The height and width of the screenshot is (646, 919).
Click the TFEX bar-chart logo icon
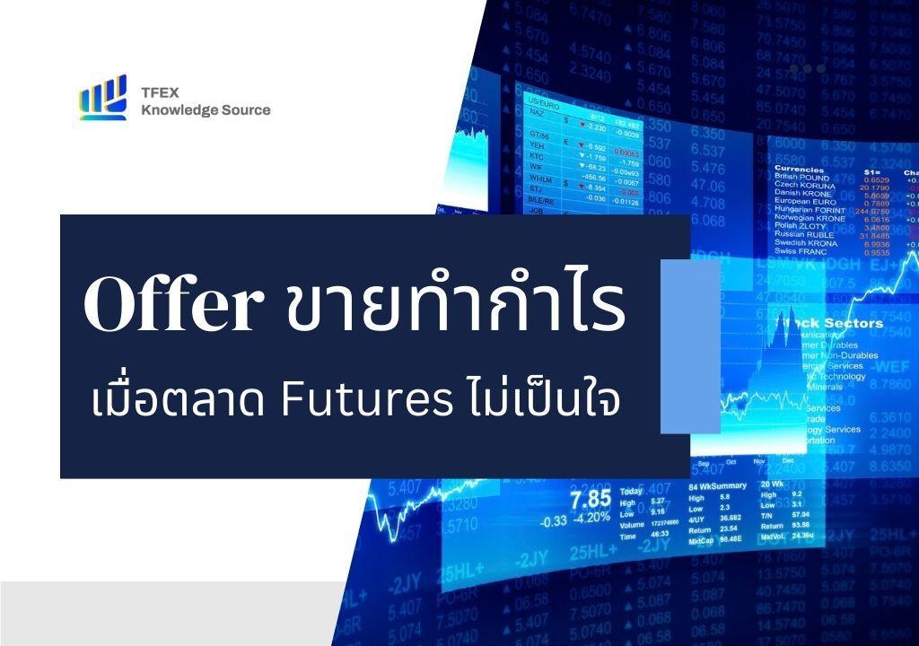(102, 98)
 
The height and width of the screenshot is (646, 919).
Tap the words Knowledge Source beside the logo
(206, 110)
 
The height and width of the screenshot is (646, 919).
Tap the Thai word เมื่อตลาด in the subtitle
(182, 400)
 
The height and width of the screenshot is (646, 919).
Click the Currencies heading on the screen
(799, 169)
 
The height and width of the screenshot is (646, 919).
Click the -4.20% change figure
(592, 519)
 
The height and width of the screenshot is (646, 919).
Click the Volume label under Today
(632, 524)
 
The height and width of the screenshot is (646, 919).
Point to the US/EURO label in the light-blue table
(543, 100)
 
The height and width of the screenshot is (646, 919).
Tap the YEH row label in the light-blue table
(537, 145)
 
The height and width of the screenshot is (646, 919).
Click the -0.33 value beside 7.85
(554, 520)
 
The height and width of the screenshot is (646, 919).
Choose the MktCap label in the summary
(700, 542)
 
